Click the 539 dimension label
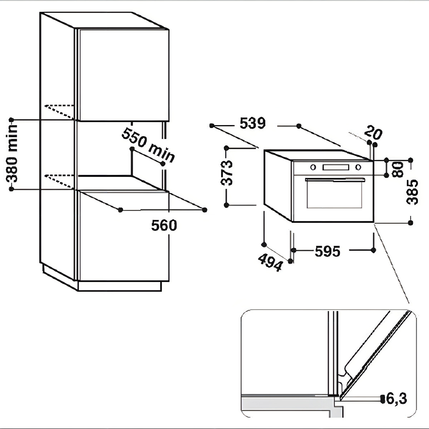coord(252,123)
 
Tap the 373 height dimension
coord(227,172)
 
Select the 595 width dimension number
coord(327,252)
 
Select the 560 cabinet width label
coord(164,226)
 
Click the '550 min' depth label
coord(148,144)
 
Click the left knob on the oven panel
coord(313,167)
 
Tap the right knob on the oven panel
coord(358,167)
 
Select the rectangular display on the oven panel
coord(335,167)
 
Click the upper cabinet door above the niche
coord(123,75)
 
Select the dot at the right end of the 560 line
coord(205,209)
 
